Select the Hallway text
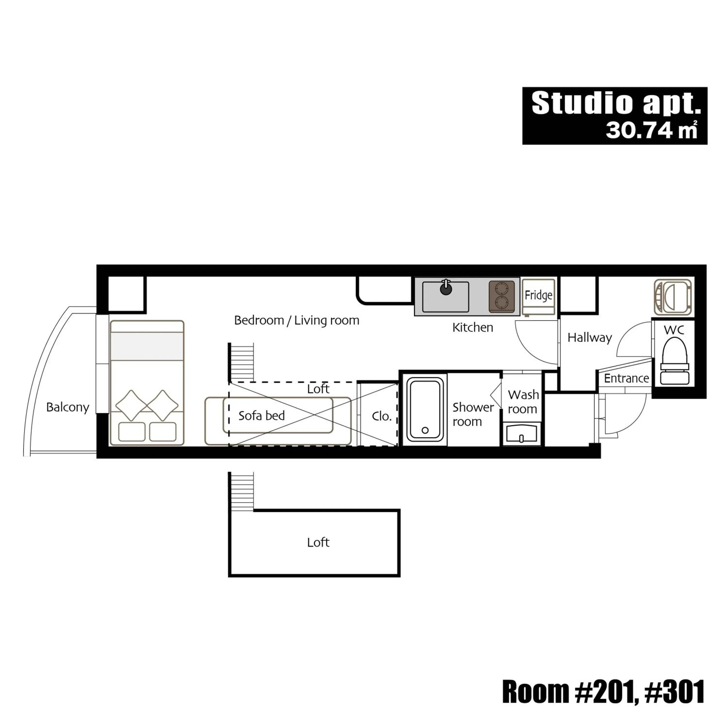tap(589, 337)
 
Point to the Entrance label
tap(626, 378)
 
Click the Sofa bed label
tap(262, 416)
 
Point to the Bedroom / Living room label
tap(297, 320)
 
